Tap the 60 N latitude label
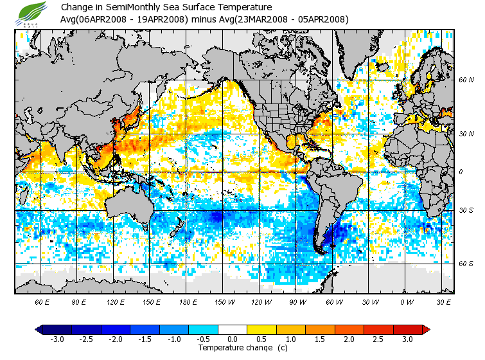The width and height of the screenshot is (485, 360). pyautogui.click(x=466, y=80)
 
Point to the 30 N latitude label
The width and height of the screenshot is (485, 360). pyautogui.click(x=466, y=134)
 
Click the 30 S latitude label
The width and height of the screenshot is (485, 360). pyautogui.click(x=466, y=210)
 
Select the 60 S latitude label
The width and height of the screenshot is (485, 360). pyautogui.click(x=466, y=264)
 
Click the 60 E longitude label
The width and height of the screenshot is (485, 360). pyautogui.click(x=42, y=301)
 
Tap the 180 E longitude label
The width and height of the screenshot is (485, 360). pyautogui.click(x=188, y=301)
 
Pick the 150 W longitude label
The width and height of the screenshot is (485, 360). pyautogui.click(x=224, y=301)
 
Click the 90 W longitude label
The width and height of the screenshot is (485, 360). pyautogui.click(x=297, y=301)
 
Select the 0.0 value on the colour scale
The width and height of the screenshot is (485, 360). pyautogui.click(x=233, y=339)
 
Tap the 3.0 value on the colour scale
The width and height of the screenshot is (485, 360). pyautogui.click(x=407, y=339)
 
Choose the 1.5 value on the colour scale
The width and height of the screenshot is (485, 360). pyautogui.click(x=320, y=339)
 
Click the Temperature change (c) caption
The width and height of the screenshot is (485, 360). pyautogui.click(x=233, y=348)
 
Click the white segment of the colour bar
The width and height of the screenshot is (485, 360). pyautogui.click(x=233, y=329)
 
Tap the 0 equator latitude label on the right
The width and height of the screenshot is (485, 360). pyautogui.click(x=461, y=172)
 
